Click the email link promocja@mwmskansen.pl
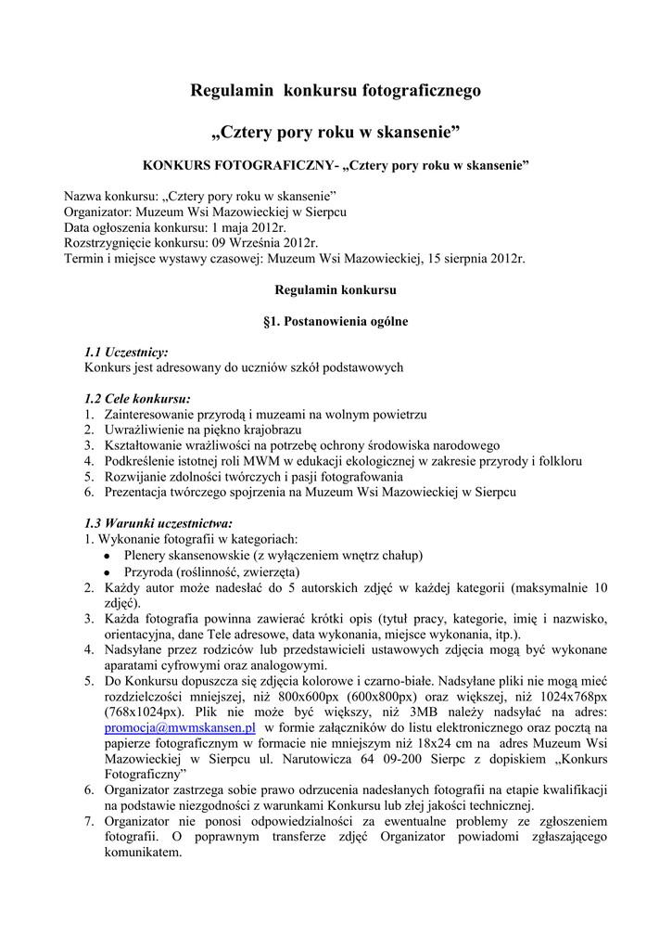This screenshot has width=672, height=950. click(x=180, y=728)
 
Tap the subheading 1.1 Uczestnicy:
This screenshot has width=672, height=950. click(x=126, y=353)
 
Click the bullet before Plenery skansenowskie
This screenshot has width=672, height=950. click(x=108, y=556)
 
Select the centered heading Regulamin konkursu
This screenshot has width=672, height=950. click(x=336, y=290)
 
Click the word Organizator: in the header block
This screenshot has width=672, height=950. click(x=96, y=212)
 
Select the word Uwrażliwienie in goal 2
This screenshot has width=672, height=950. click(x=144, y=430)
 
